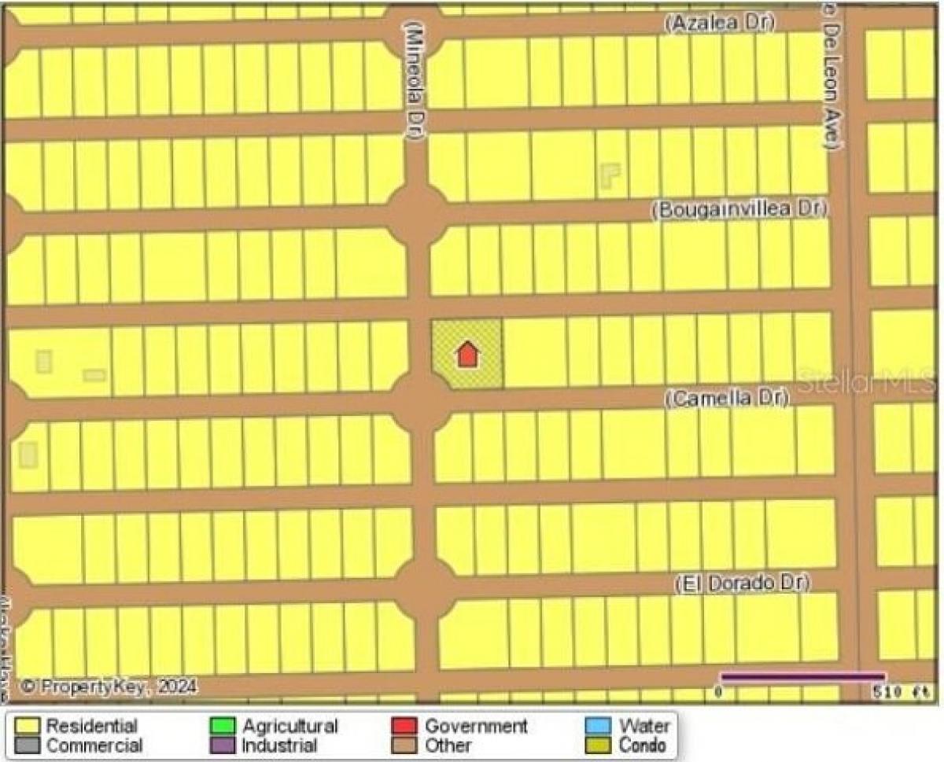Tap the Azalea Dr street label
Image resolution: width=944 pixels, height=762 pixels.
coord(719,24)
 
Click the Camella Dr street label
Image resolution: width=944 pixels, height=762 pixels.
coord(726,399)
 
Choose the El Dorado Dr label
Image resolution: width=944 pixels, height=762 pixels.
coord(743,583)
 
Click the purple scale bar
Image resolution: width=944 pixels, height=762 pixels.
coord(802,676)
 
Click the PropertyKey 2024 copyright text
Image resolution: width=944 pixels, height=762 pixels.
coord(108,687)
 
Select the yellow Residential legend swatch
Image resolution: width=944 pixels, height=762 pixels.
coord(28,725)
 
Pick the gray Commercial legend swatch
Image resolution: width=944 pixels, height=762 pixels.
coord(28,744)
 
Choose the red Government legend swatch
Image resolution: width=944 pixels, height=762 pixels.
coord(404,725)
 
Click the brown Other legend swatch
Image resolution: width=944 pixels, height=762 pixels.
coord(404,744)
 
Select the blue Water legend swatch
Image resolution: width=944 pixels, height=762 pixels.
coord(599,725)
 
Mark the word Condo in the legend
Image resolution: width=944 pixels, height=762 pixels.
coord(643,745)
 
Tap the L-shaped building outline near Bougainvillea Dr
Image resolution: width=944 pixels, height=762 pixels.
coord(610,175)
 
